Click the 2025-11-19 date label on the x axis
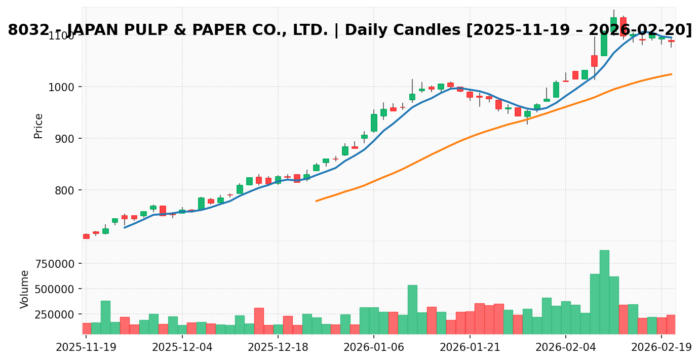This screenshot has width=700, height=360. coord(86,347)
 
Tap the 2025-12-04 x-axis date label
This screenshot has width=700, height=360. coord(182,347)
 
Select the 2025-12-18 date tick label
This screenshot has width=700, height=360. coord(278,347)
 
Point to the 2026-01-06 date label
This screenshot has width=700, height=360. coord(374,347)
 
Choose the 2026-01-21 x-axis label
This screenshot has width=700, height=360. coord(470,347)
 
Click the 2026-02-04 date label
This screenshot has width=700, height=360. coord(566,347)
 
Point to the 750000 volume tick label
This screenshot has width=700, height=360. coord(54,264)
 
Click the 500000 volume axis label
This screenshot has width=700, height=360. coord(54,289)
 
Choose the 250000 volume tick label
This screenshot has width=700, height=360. coord(54,314)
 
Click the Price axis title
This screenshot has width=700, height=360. coord(38,126)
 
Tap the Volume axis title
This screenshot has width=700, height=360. coord(25,289)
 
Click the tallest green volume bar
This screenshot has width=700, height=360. coord(604,292)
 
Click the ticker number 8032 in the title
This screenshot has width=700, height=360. coord(25,30)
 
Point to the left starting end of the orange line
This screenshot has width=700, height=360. coord(316,201)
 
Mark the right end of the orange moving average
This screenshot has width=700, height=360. coord(672,74)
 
